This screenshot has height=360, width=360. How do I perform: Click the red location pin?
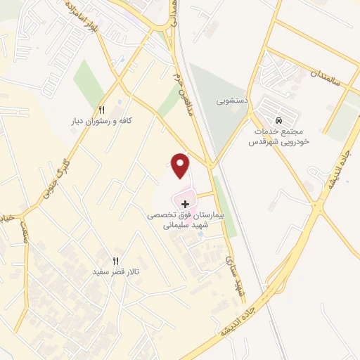point(181,165)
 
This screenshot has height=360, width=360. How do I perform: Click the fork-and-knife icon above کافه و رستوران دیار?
point(101,110)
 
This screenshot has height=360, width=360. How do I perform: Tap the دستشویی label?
point(230,101)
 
